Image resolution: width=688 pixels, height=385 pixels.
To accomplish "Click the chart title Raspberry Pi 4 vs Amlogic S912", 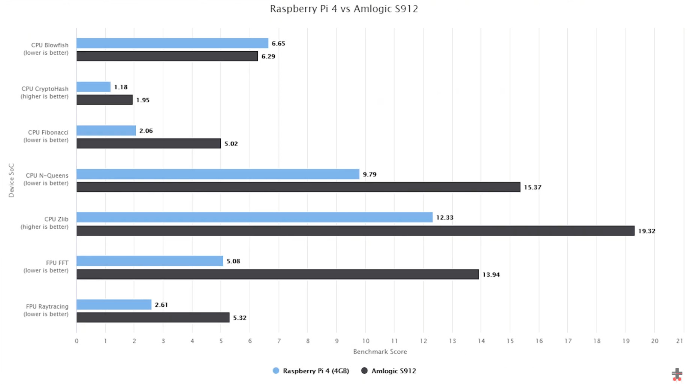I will pos(344,9).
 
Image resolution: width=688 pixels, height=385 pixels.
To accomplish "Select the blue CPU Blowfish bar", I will pos(172,43).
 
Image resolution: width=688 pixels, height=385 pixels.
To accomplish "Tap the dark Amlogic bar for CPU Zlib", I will pos(355,231).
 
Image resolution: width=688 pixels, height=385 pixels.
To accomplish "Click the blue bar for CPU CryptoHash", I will pos(93,87).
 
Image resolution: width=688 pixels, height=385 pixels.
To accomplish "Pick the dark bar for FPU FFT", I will pos(278,274).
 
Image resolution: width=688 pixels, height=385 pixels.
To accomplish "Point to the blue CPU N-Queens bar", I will pos(218,174).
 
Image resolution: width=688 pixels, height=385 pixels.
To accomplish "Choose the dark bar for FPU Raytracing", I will pos(153,318).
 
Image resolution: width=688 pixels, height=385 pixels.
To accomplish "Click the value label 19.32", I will pos(646,231).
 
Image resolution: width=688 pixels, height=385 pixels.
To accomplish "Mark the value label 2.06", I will pos(146,131).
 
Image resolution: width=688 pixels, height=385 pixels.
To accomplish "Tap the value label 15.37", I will pos(532,187).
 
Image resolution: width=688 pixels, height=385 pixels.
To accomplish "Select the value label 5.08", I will pos(233,261).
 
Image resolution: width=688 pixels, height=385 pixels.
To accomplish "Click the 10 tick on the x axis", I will pos(365,341).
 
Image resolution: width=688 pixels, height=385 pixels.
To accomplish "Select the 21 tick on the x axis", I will pos(679,341).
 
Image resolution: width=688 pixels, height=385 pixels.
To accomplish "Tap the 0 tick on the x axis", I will pos(76,341).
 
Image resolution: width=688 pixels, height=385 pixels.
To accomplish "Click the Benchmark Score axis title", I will pos(380,352).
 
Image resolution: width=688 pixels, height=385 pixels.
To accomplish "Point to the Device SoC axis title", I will pos(11,180).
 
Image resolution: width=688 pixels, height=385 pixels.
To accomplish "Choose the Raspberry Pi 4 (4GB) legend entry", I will pos(311,371).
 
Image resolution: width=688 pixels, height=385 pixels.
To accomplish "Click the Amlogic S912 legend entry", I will pos(389,371).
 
